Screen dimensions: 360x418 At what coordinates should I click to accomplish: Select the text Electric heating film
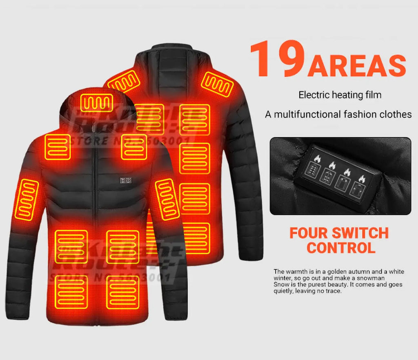(340, 95)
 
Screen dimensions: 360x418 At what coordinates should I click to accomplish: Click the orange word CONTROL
(341, 248)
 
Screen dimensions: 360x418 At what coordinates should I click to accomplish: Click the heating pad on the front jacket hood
(96, 102)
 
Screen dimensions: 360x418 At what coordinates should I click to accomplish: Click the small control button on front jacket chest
(125, 180)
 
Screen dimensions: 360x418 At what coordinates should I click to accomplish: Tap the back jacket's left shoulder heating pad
(124, 82)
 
